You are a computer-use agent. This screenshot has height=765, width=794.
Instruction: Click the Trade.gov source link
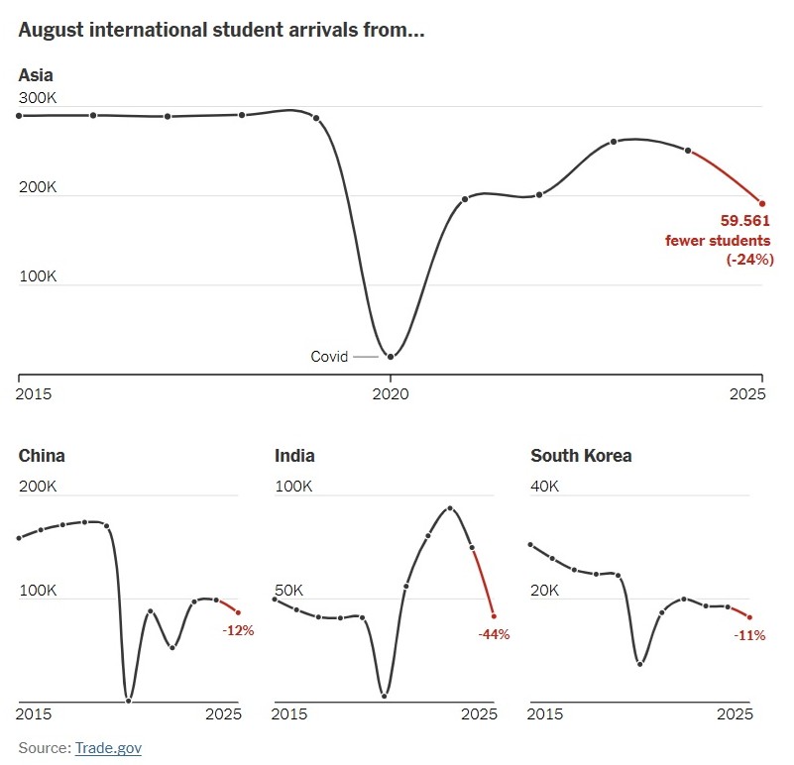[x=108, y=747]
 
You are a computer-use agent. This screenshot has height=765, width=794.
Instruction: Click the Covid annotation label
[x=329, y=357]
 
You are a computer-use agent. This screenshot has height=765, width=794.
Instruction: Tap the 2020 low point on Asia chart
[x=391, y=357]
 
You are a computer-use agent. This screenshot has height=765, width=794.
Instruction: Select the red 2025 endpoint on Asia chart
[x=762, y=203]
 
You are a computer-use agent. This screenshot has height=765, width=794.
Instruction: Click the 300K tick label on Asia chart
[x=38, y=98]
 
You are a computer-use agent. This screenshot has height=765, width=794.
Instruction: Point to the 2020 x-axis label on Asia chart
[x=391, y=393]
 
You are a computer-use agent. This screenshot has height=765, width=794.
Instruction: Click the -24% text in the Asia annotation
[x=748, y=259]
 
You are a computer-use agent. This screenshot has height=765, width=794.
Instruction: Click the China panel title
[x=42, y=456]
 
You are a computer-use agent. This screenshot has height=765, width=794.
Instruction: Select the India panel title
[x=294, y=456]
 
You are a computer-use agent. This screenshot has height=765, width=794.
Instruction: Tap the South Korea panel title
[x=581, y=456]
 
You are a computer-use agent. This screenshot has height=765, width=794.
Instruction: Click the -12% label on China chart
[x=238, y=630]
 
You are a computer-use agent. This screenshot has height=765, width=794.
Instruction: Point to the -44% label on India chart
[x=493, y=634]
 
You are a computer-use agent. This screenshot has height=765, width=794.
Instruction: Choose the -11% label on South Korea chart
[x=749, y=635]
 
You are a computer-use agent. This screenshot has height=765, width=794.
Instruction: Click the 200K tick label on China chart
[x=38, y=487]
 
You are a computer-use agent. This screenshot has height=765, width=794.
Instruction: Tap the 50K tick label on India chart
[x=290, y=590]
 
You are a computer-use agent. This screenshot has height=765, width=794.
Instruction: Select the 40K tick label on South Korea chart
[x=545, y=487]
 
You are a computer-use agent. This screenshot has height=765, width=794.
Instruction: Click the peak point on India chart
[x=450, y=508]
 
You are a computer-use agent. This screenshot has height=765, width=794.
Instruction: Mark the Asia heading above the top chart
[x=36, y=74]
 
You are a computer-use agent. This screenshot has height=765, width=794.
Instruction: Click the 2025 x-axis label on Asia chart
[x=748, y=393]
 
